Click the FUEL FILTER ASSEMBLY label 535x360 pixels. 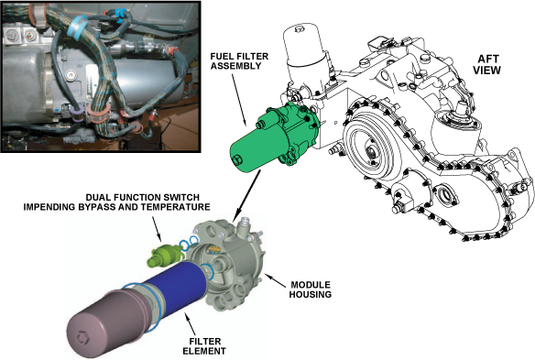coord(239,61)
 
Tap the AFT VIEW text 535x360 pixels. coord(486,64)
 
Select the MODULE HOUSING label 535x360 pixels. coord(311,289)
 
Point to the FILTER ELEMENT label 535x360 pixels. coord(204,346)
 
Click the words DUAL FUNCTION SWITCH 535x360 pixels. coord(143,197)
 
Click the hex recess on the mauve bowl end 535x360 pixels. coord(82,337)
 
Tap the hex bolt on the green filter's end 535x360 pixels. coord(237,159)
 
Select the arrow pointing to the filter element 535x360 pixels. coord(191,324)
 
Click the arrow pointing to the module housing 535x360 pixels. coord(276,281)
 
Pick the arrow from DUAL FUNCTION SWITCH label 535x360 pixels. coord(155,227)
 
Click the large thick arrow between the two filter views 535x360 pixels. coord(246,196)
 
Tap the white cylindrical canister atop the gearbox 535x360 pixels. coord(303,55)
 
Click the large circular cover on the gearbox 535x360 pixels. coord(368,149)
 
